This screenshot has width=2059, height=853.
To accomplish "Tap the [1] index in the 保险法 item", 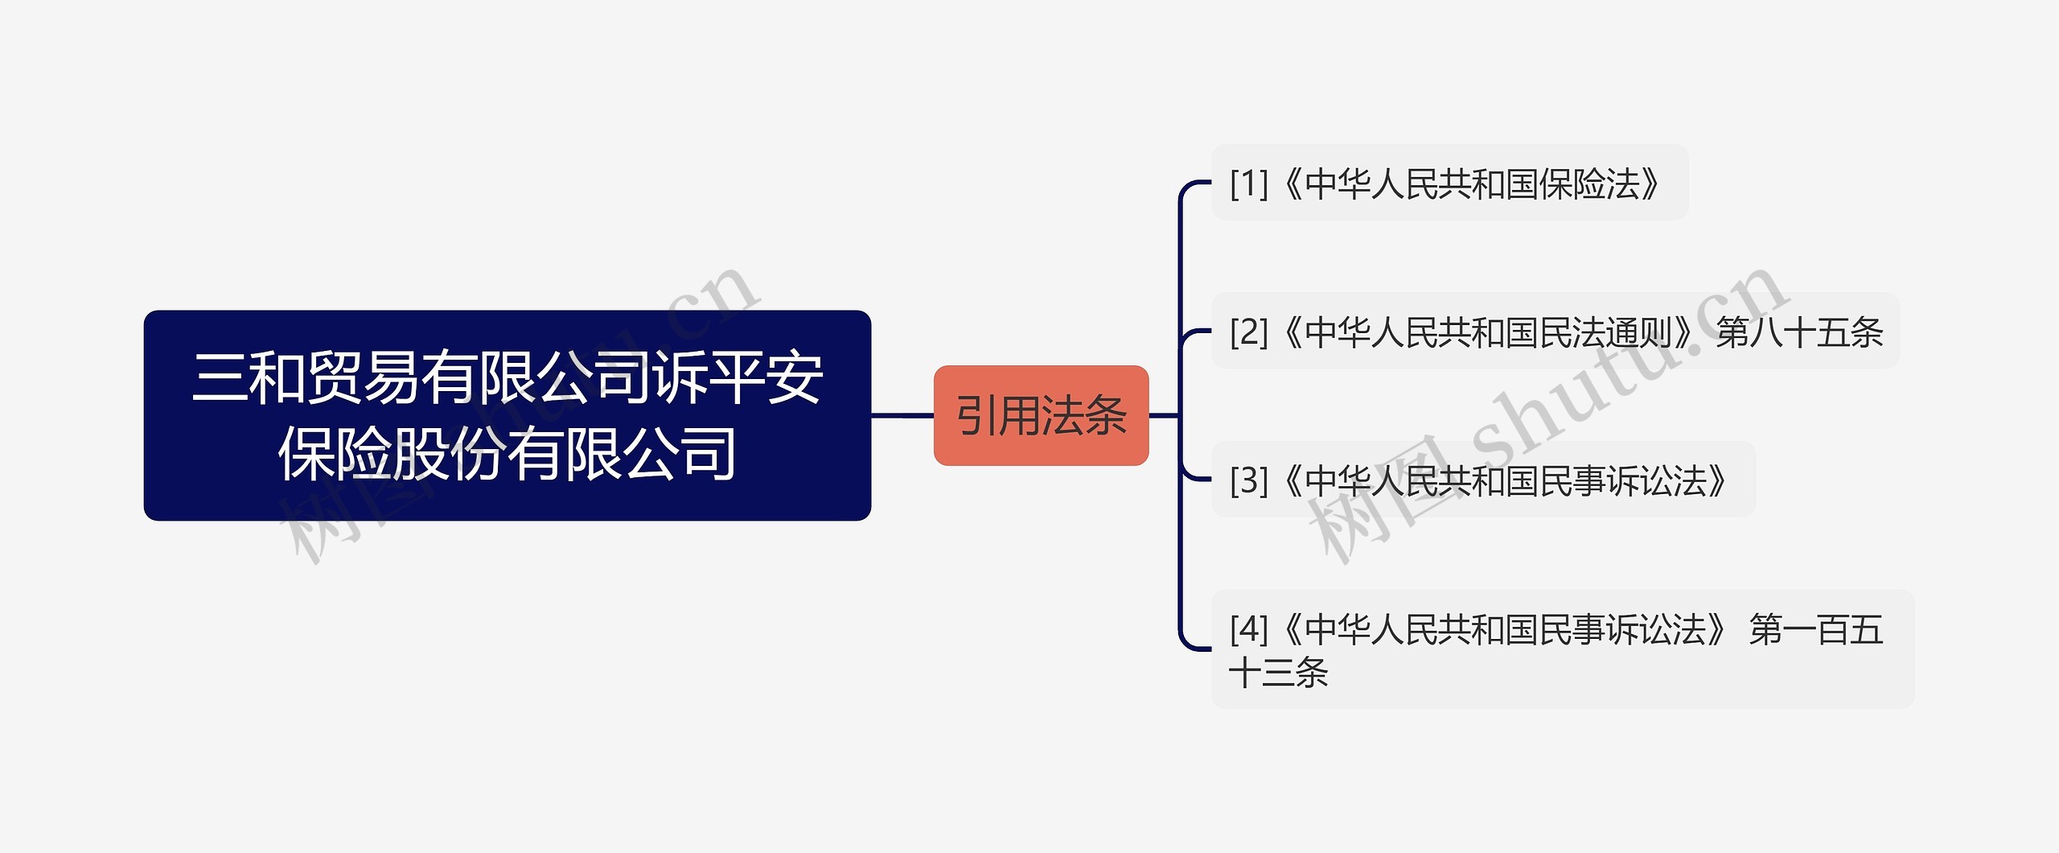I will (1248, 183).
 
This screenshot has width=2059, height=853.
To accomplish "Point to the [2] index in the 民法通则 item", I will (1248, 332).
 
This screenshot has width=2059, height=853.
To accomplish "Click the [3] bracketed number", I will (1248, 480).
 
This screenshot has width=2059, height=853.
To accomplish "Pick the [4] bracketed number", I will (1248, 628).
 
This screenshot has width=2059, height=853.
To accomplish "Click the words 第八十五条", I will (1799, 332).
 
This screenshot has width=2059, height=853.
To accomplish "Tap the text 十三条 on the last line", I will (1279, 673).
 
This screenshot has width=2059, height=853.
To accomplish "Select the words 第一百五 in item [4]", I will (1816, 628).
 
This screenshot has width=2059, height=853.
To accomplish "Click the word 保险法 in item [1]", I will (1589, 183).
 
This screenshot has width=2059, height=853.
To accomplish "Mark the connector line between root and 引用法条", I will (902, 415).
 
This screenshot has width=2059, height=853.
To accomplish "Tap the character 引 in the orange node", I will (976, 416).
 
